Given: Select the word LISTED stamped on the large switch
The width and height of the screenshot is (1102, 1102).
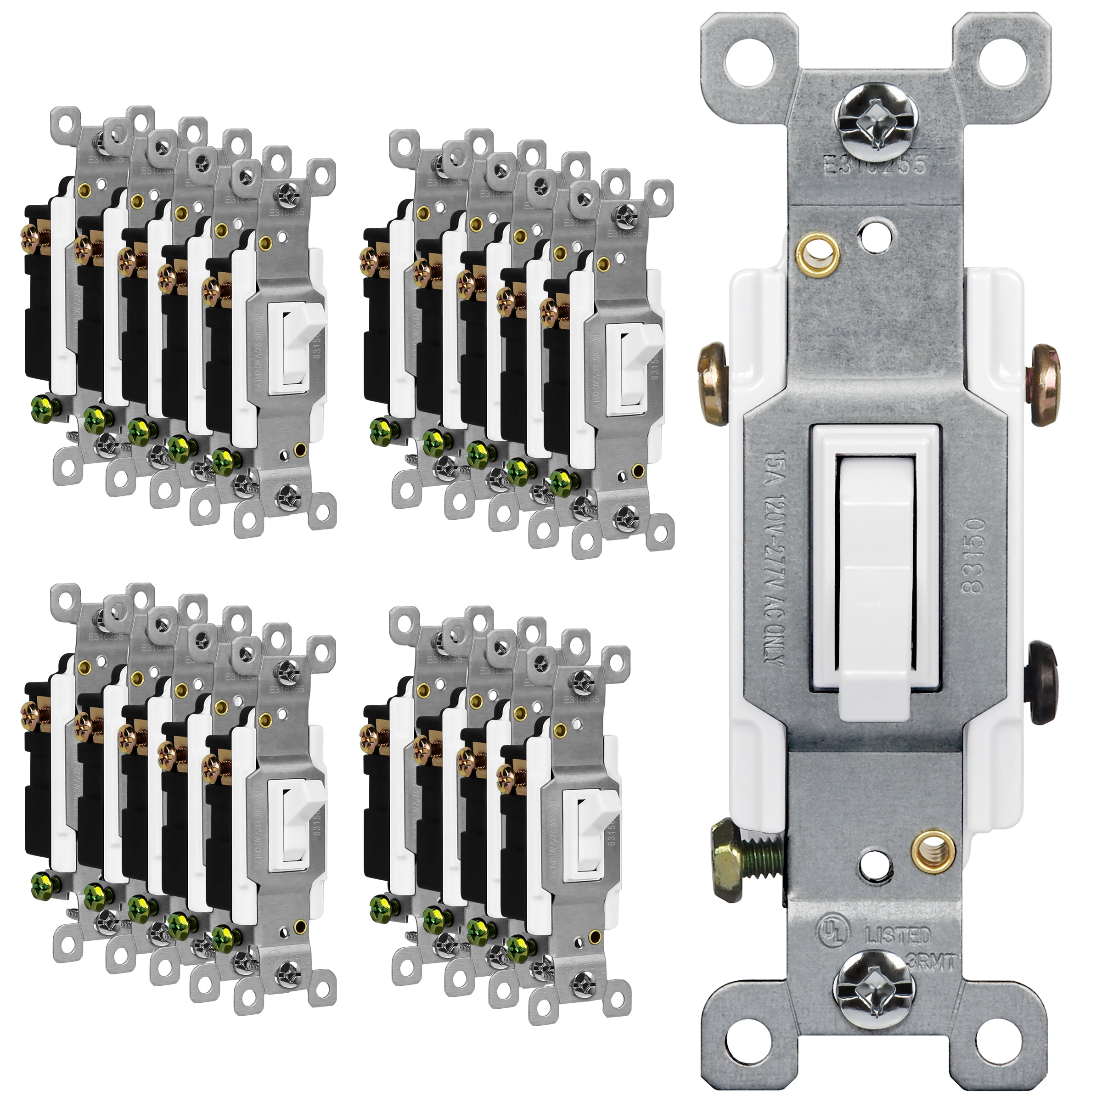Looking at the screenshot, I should [x=898, y=935].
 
